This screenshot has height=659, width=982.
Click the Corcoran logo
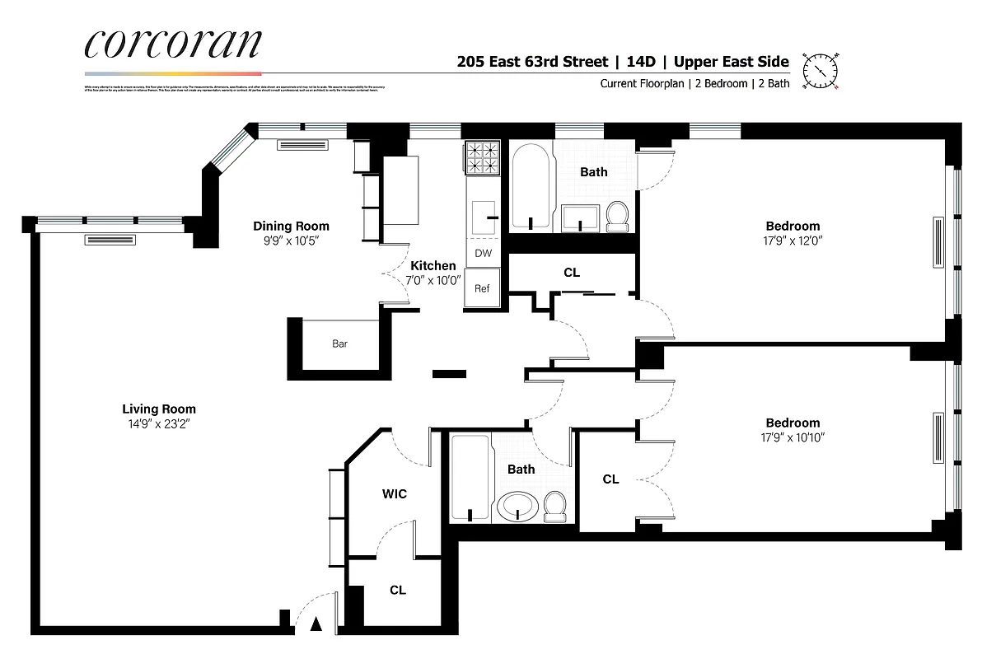pos(174,44)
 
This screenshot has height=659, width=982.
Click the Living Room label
pos(159,409)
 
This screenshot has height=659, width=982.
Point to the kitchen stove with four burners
pos(483,158)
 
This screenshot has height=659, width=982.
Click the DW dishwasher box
pos(483,254)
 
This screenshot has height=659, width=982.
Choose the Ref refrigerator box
pos(483,289)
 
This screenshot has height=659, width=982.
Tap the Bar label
pos(339,344)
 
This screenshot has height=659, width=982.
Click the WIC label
pos(394,494)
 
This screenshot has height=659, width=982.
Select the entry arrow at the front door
pos(316,625)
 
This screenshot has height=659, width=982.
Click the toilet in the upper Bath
pos(617,217)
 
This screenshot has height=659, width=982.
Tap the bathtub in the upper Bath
pos(532,186)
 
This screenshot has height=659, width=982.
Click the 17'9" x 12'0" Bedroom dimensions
pos(793,241)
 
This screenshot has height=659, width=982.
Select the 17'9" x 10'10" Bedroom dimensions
pos(793,437)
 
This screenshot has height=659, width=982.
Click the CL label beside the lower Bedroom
pos(610,479)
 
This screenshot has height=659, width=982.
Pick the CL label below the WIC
pos(398,591)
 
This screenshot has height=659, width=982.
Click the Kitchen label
pos(433,266)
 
